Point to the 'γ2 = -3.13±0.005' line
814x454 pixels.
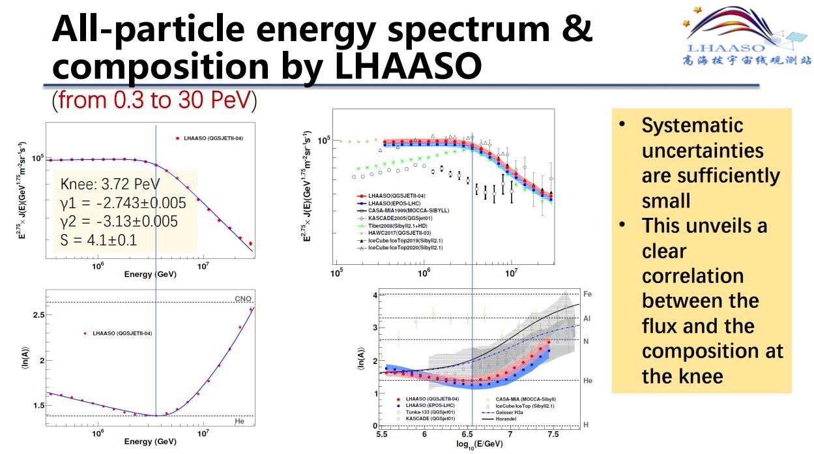tap(119, 221)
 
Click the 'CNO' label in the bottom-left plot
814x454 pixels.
tap(243, 299)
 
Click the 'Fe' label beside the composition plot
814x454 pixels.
tap(587, 294)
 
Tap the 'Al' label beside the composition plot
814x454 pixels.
tap(587, 318)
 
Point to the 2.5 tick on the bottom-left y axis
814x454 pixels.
tap(38, 315)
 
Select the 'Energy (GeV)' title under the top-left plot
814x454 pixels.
tap(150, 274)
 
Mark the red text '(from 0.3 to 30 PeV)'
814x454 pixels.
tap(154, 100)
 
